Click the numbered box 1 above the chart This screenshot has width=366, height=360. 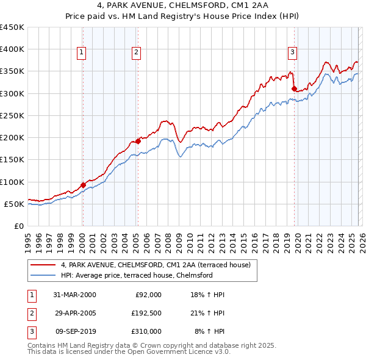click(x=82, y=52)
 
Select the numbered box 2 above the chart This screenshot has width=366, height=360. click(x=136, y=52)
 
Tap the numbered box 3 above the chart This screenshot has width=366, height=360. click(x=293, y=52)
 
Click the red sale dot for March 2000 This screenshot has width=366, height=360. click(x=83, y=185)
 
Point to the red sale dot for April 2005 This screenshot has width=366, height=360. click(x=138, y=141)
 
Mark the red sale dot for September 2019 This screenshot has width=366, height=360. click(x=294, y=88)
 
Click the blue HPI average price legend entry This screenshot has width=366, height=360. click(x=136, y=275)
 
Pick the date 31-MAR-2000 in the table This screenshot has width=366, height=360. click(x=74, y=295)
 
